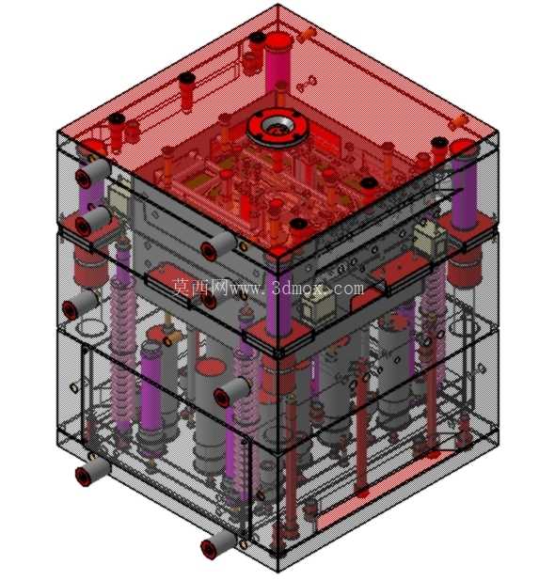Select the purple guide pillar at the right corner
click(x=464, y=185)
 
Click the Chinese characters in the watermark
click(x=200, y=287)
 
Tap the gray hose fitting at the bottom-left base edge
click(x=92, y=471)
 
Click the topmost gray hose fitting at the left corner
click(x=93, y=171)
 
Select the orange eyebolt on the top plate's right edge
click(x=458, y=121)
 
